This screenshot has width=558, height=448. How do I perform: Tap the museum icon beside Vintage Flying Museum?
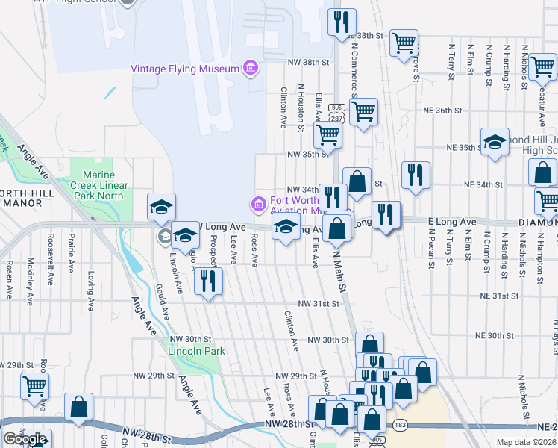[250, 69]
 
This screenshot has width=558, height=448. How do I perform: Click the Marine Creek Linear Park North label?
[99, 185]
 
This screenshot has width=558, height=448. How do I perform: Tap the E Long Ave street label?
[451, 222]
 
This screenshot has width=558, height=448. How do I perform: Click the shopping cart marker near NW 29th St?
[34, 386]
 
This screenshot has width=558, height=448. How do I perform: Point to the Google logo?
[25, 439]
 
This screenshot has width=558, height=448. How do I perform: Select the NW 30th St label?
[328, 340]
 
